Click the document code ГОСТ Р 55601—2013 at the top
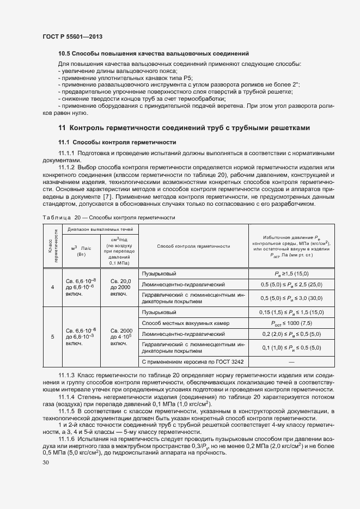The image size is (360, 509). click(x=72, y=36)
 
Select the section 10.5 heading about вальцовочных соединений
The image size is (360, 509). click(x=154, y=54)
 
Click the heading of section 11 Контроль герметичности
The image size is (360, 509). click(x=184, y=128)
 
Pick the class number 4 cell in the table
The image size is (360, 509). click(x=53, y=286)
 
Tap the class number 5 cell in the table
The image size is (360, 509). click(x=53, y=337)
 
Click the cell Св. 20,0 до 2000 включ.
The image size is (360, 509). click(x=120, y=286)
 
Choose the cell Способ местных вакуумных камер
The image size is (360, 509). click(x=178, y=323)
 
